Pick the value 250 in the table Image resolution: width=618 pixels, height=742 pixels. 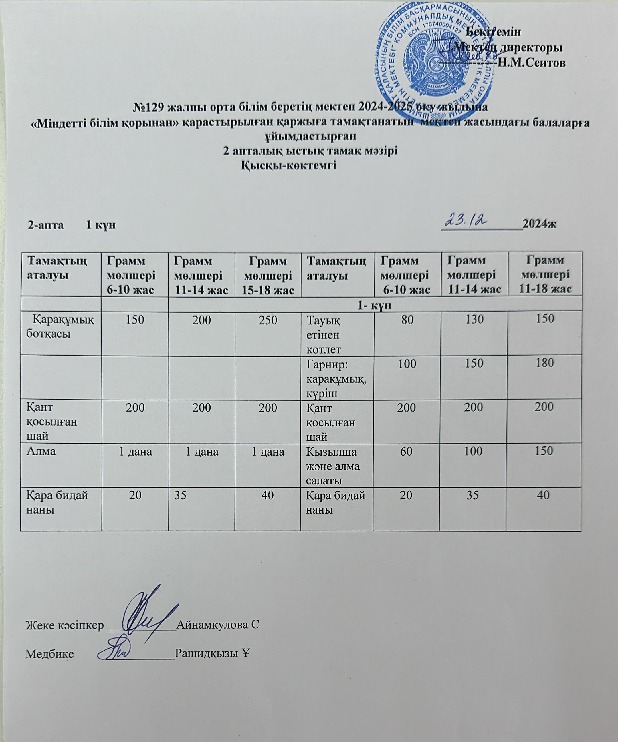pos(268,320)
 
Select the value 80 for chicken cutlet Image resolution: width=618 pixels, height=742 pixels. pos(407,320)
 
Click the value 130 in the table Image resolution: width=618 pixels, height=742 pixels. pos(474,320)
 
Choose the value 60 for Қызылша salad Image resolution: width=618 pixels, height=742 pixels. pos(407,451)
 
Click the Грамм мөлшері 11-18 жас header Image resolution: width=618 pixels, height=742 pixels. pos(544,274)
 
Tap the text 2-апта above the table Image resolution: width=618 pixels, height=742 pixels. pos(46,225)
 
